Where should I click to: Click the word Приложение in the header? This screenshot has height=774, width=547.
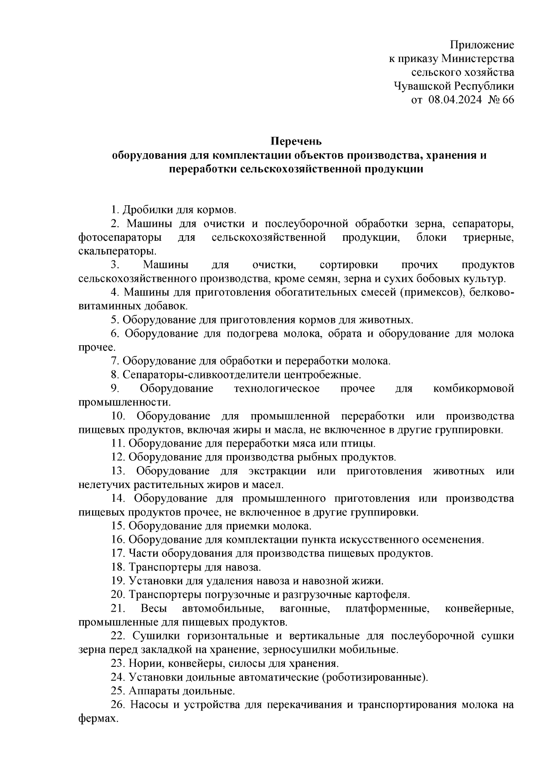coord(482,45)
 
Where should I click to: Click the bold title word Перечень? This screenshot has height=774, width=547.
coord(297,141)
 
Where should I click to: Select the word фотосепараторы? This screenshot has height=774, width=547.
coord(120,238)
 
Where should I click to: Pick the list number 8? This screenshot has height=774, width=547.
coord(115,375)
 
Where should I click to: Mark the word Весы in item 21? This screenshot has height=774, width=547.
coord(154,608)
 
